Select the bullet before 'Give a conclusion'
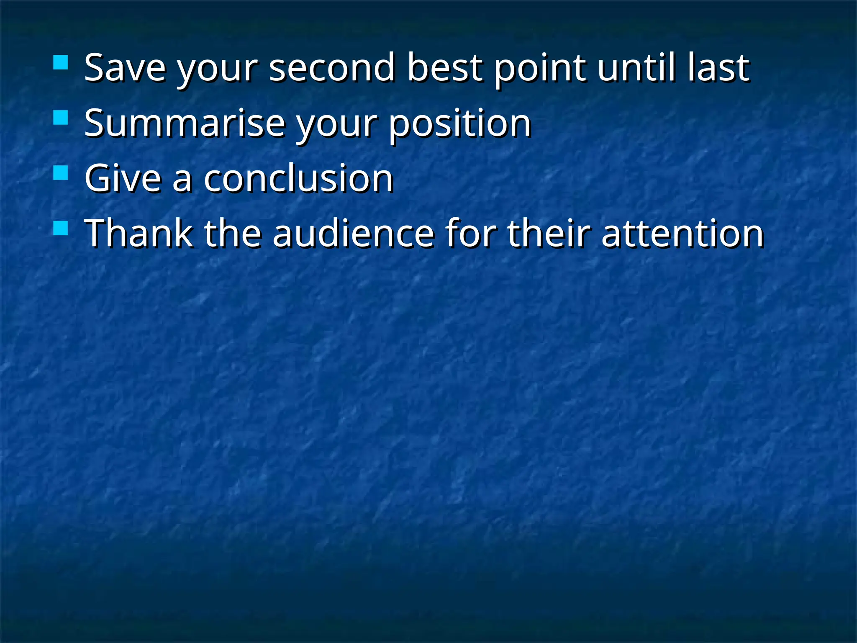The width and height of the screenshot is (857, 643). pyautogui.click(x=61, y=173)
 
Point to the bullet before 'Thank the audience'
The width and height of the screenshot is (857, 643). pyautogui.click(x=61, y=229)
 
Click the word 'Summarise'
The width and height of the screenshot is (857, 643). pyautogui.click(x=185, y=123)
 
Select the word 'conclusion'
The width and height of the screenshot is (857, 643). pyautogui.click(x=298, y=179)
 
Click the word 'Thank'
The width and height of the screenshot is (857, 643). pyautogui.click(x=139, y=234)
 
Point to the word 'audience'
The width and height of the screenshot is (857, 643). pyautogui.click(x=353, y=234)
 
